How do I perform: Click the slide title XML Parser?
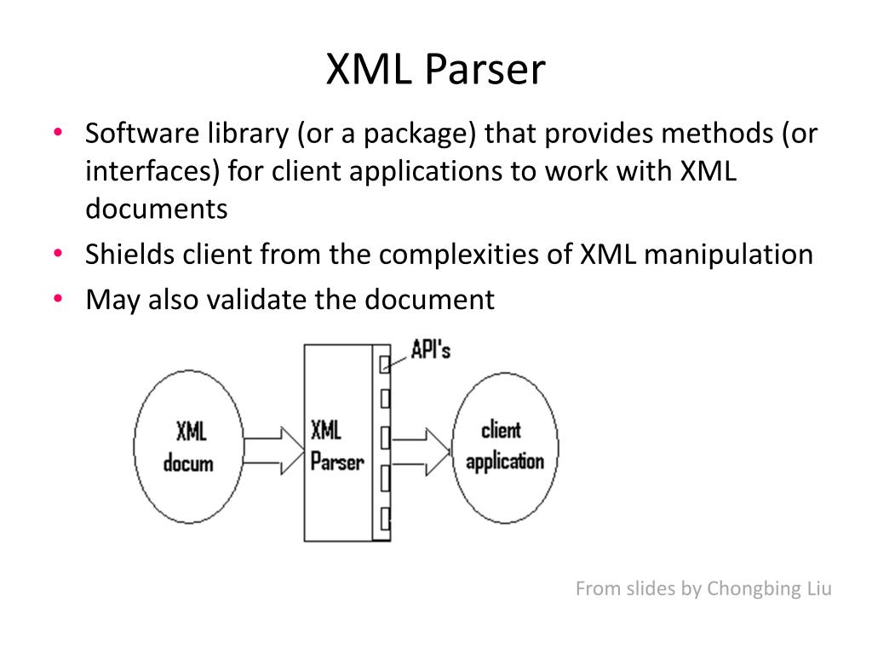click(435, 70)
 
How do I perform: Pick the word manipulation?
click(728, 255)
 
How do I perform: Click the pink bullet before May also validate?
click(57, 300)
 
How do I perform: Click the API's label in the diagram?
click(430, 349)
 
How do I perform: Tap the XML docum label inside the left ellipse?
click(189, 447)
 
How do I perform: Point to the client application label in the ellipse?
click(504, 445)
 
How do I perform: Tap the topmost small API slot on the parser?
click(385, 364)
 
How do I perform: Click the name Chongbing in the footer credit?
click(753, 588)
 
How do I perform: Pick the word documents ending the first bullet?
click(156, 209)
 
